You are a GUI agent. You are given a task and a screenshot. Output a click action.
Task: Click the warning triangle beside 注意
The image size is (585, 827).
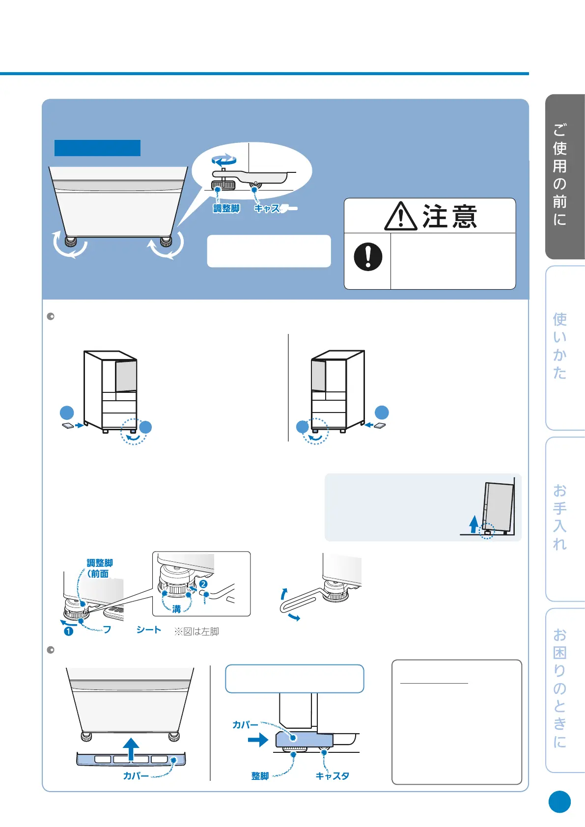pos(400,217)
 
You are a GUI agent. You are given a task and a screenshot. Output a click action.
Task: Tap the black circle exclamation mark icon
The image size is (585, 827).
pos(368,256)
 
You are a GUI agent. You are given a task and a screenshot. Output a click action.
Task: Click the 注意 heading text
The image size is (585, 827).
pos(449,217)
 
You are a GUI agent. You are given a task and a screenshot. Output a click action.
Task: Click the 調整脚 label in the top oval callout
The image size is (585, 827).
pos(226,209)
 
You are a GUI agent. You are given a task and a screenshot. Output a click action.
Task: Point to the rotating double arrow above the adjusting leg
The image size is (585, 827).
pos(224,160)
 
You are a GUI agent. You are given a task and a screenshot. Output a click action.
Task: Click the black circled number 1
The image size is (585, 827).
pos(69,631)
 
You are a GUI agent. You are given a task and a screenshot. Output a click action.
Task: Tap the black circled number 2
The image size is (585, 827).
pos(203,584)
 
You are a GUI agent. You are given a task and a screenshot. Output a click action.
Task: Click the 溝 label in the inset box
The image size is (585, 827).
pos(176,609)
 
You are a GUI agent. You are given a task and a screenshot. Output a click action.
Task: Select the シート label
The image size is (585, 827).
pos(149,630)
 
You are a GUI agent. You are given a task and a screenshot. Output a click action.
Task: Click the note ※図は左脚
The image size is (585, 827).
pos(196,632)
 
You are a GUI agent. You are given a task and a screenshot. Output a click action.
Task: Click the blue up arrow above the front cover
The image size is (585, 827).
pos(131,748)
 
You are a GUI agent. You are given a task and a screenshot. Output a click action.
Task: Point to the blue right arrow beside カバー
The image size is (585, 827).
pos(258,740)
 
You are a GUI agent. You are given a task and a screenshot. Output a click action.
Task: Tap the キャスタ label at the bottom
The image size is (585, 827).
pos(332,776)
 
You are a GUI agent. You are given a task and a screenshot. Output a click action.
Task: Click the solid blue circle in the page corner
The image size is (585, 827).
pos(559,802)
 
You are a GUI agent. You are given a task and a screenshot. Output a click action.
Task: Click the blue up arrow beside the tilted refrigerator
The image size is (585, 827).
pos(474,524)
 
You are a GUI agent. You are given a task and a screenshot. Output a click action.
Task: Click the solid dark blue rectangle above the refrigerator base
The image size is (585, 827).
pos(97,148)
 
